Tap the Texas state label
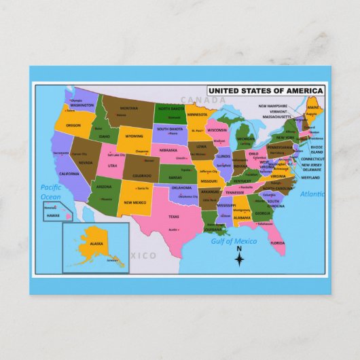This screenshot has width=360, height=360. tap(174, 217)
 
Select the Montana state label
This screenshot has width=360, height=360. tap(129, 109)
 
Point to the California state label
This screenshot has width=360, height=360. tap(69, 174)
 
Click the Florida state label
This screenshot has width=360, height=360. tap(277, 242)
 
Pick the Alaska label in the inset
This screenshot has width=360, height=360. tap(96, 243)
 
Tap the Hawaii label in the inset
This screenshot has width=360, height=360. tap(53, 215)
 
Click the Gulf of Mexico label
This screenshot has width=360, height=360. tap(234, 241)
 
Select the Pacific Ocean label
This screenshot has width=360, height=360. tap(50, 192)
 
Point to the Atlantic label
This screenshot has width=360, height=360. tap(312, 194)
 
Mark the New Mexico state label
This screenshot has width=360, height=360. tap(134, 202)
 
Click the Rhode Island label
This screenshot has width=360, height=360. tap(317, 149)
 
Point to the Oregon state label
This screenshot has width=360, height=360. tap(73, 126)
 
